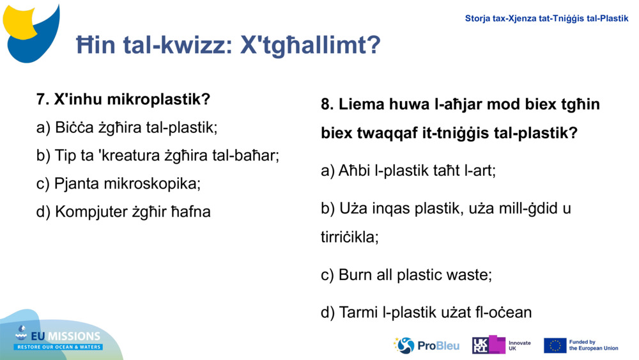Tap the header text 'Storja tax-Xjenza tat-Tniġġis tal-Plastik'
(546, 19)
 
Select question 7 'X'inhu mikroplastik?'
(123, 100)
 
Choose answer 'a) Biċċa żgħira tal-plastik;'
(127, 127)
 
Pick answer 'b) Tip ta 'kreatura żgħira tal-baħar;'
(158, 155)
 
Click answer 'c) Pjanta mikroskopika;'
(118, 184)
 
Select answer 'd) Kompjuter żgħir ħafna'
(123, 212)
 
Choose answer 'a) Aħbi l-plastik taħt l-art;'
(408, 171)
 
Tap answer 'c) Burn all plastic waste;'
(406, 275)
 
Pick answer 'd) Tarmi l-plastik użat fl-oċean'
(426, 313)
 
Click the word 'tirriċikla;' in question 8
(350, 237)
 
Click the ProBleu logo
(426, 345)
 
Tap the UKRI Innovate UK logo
(501, 345)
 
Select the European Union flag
(555, 345)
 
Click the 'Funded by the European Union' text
(594, 345)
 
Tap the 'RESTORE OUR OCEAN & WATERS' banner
(59, 347)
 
